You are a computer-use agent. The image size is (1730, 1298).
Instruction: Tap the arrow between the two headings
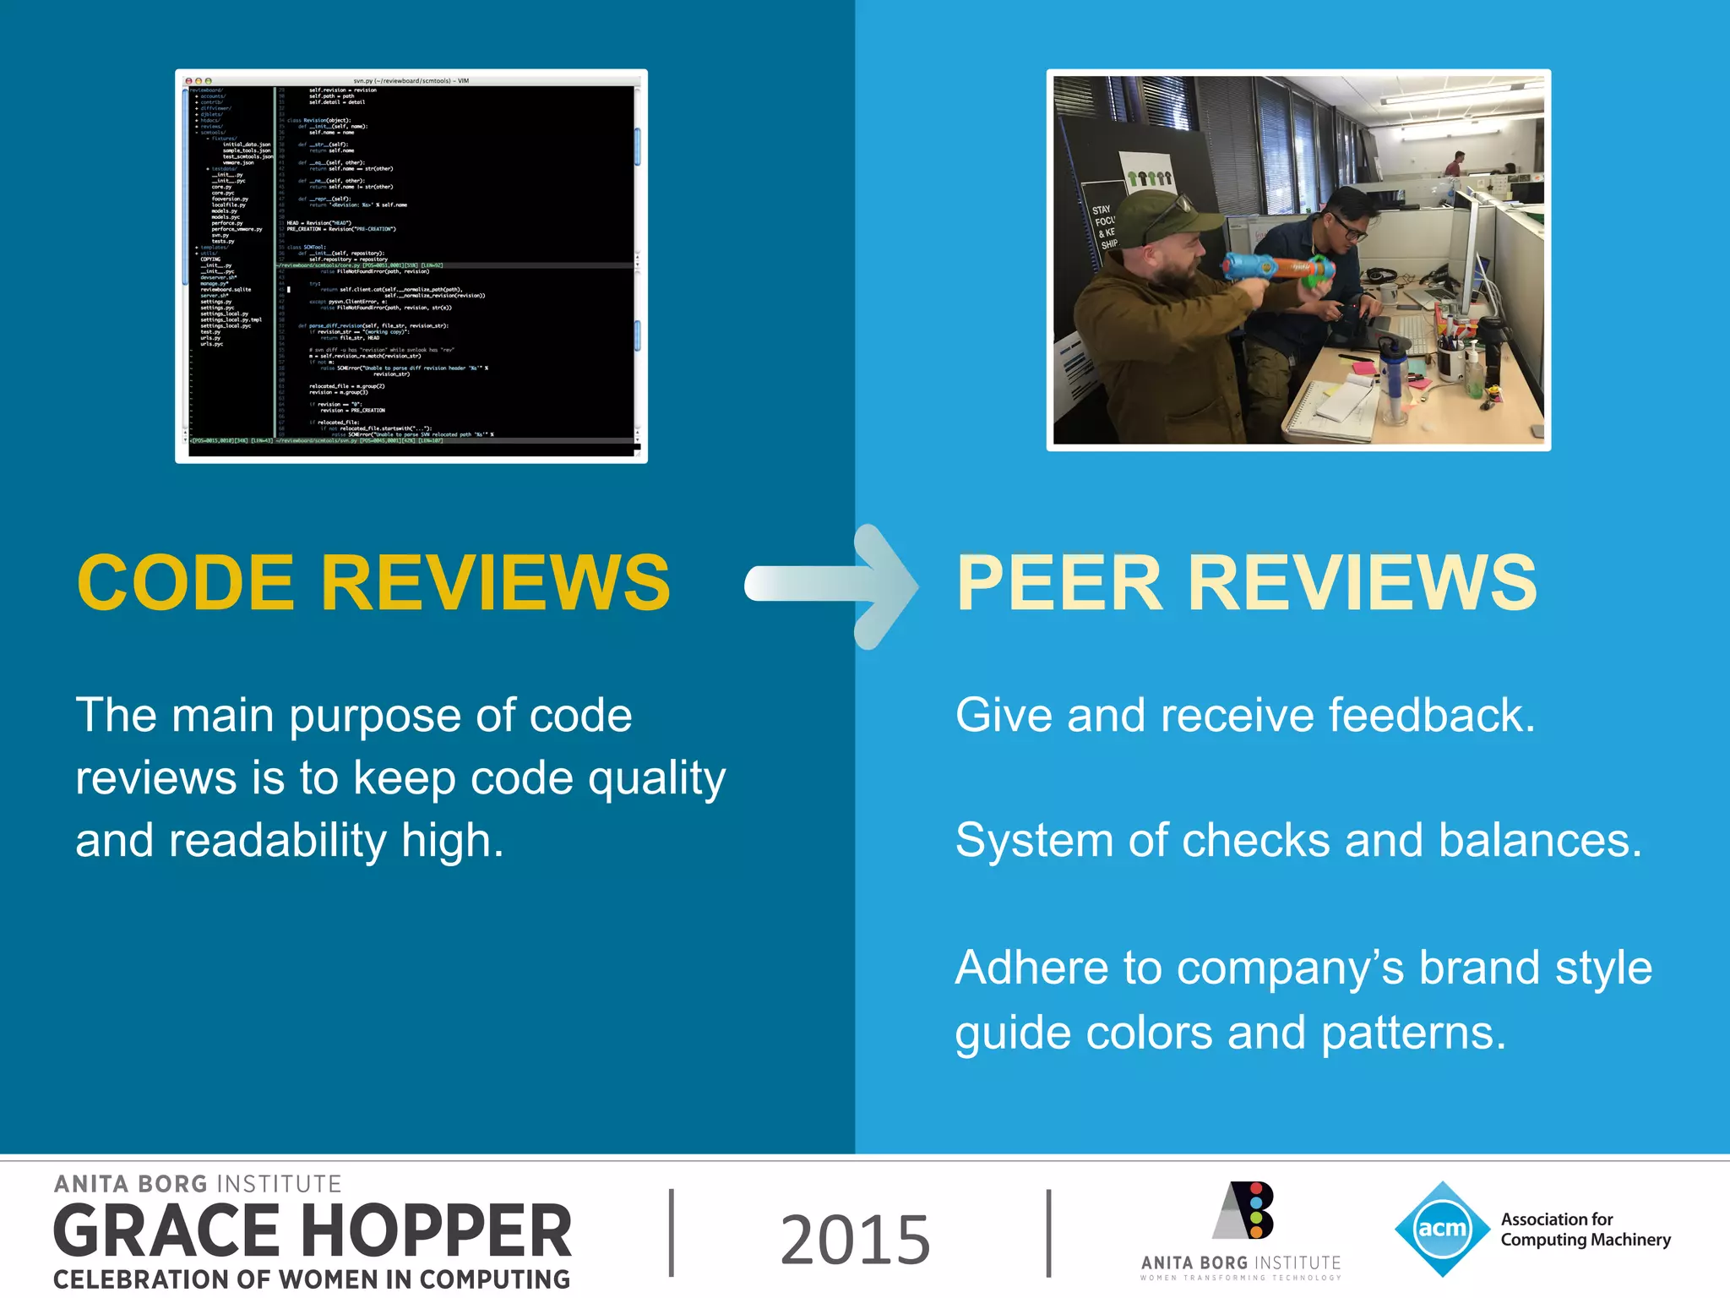[832, 586]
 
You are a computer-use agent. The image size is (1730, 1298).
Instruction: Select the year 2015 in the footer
[855, 1239]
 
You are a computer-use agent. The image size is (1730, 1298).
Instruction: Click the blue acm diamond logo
[1442, 1229]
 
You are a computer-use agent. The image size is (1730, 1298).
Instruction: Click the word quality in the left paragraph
[656, 778]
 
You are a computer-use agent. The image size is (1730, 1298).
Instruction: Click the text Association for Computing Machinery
[1585, 1230]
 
